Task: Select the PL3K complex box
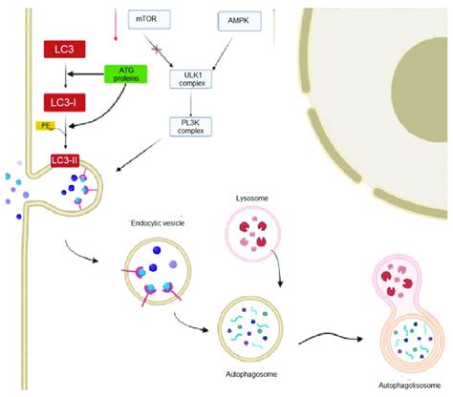192,124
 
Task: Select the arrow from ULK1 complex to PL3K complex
192,101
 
